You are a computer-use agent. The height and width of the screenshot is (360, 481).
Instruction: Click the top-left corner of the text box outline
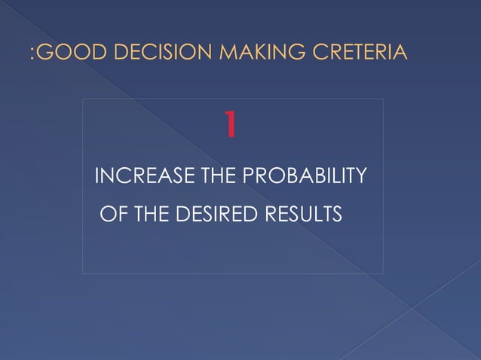[83, 99]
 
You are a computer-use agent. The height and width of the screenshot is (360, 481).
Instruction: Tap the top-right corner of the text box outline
[383, 99]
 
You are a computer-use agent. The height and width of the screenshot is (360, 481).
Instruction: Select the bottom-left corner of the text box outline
[83, 273]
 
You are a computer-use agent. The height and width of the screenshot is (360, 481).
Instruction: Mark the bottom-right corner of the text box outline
[383, 273]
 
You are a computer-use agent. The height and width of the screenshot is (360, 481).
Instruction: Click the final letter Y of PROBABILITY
[361, 178]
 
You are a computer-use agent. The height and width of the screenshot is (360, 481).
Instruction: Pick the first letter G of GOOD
[44, 53]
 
